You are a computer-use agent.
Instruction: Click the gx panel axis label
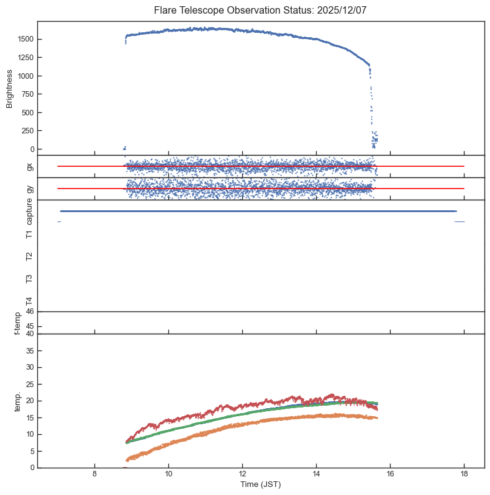click(x=29, y=166)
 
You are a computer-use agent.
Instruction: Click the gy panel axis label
click(x=29, y=189)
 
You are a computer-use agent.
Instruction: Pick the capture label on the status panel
click(x=29, y=212)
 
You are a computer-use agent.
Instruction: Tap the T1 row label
click(x=29, y=234)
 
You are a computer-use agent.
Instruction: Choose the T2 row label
click(x=29, y=256)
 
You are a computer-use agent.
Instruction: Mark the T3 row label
click(x=29, y=279)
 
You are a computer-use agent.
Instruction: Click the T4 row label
click(x=29, y=301)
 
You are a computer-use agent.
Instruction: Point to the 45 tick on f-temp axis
click(x=29, y=326)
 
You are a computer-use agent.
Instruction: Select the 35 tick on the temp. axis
click(x=29, y=351)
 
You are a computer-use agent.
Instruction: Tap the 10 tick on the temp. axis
click(x=29, y=434)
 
